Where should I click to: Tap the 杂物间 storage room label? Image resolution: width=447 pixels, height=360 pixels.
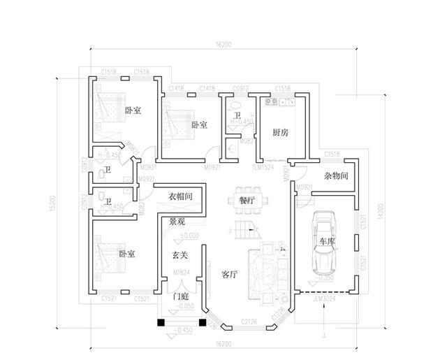tap(336, 177)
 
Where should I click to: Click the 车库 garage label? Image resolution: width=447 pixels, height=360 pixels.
tap(328, 240)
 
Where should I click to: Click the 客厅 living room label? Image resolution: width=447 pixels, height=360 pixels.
tap(230, 275)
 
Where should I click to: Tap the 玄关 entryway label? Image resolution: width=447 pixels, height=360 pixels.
tap(180, 256)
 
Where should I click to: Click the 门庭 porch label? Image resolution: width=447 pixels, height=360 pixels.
tap(182, 295)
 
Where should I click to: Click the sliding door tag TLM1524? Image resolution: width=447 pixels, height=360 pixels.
tap(263, 168)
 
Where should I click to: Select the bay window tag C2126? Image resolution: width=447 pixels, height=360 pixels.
tap(250, 321)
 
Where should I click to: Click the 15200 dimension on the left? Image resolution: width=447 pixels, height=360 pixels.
tap(53, 202)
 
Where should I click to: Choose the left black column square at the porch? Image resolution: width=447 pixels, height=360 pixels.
tap(161, 323)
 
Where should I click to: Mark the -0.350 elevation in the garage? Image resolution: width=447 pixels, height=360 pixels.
tap(324, 277)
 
